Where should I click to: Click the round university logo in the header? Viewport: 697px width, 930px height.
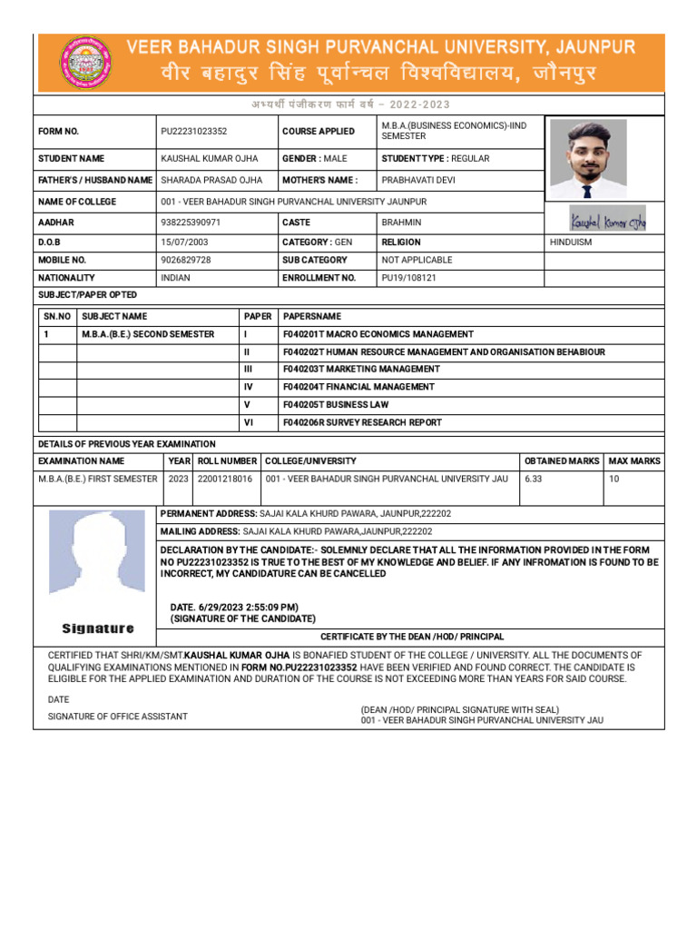(x=83, y=63)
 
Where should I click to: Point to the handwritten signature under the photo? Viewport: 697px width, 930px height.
(x=607, y=219)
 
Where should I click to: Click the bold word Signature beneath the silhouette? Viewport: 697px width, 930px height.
(x=98, y=628)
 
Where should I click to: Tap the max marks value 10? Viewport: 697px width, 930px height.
(x=614, y=479)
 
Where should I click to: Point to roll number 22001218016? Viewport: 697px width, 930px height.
(x=225, y=479)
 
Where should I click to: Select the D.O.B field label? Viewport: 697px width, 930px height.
(x=50, y=242)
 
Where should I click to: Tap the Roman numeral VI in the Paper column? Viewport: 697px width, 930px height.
(x=249, y=422)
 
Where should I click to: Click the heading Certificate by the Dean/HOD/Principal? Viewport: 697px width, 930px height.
(x=412, y=638)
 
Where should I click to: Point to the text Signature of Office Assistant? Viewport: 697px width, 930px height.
(x=118, y=717)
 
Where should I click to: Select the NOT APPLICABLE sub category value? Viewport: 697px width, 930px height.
(x=417, y=260)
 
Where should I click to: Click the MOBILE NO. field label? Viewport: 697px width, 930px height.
(x=62, y=260)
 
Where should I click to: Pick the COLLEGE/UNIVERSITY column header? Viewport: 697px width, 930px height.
(x=310, y=461)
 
